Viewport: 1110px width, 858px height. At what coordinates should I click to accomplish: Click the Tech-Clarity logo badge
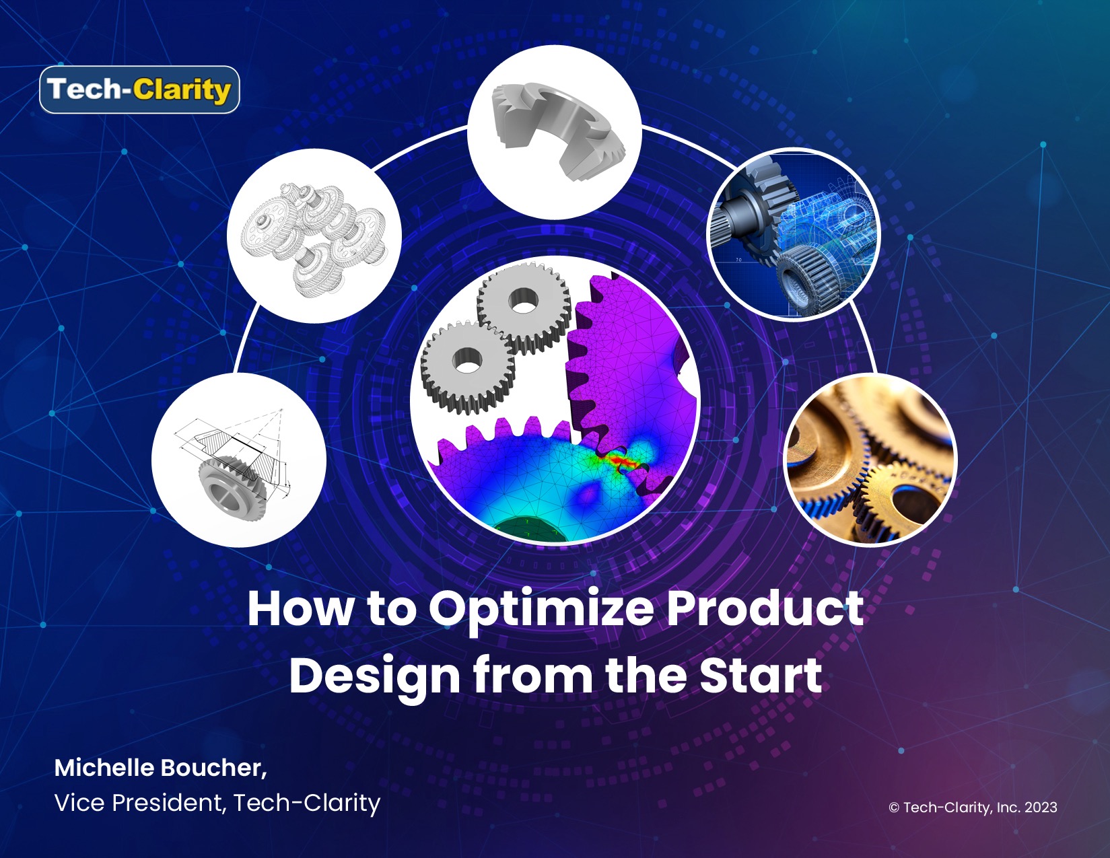point(139,90)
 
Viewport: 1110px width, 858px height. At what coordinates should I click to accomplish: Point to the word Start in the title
point(761,675)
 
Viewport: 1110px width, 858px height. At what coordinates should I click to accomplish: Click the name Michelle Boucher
point(160,768)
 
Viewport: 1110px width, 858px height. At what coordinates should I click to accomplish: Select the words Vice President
point(139,803)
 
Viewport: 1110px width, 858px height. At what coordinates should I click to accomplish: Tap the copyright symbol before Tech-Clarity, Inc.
point(894,808)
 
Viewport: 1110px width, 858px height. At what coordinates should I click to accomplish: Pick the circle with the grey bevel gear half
point(555,132)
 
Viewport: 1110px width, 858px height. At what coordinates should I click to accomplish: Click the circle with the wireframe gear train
point(314,236)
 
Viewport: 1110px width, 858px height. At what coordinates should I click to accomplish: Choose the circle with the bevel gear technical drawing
point(239,460)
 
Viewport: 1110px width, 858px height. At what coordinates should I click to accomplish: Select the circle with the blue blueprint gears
point(794,235)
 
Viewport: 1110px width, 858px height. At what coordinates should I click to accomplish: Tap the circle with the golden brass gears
point(870,460)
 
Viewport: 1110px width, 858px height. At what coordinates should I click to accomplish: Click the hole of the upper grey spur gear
point(523,301)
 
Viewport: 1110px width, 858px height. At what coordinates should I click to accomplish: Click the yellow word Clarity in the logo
point(182,90)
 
